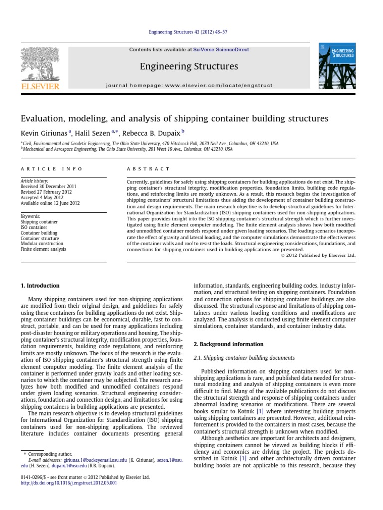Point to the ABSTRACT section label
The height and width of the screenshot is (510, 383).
point(149,169)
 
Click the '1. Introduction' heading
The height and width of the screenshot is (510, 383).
point(40,286)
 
